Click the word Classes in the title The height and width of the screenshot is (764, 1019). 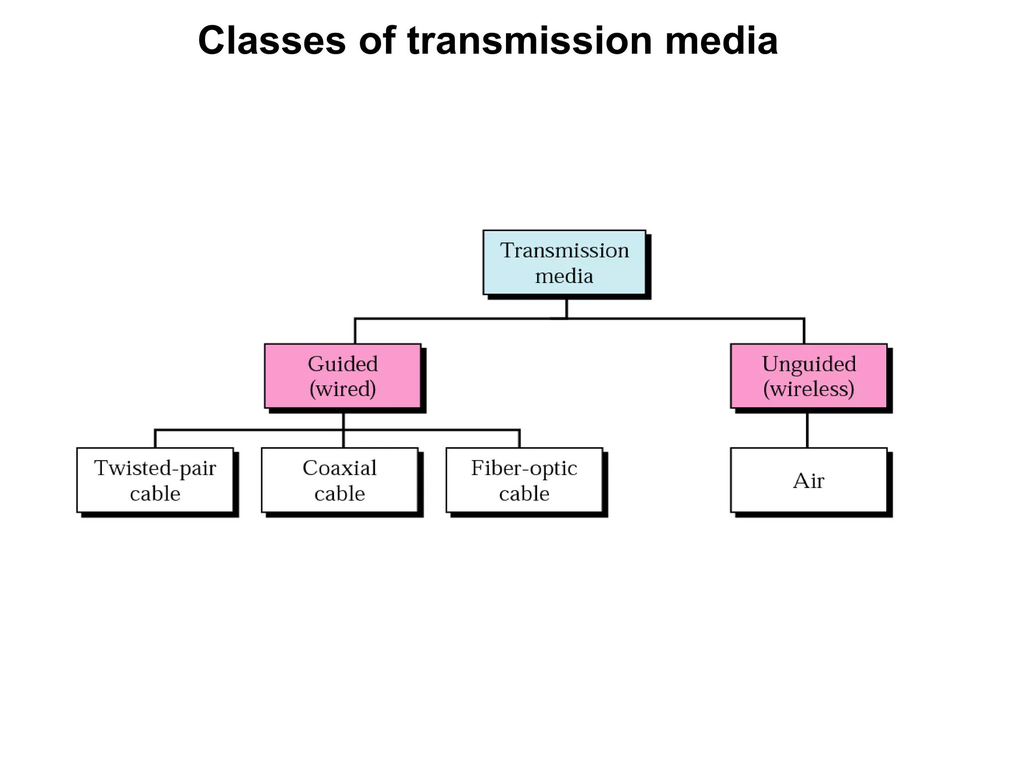pyautogui.click(x=271, y=41)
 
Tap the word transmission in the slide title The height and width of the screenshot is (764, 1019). pyautogui.click(x=529, y=41)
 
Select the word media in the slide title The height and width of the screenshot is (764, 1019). pyautogui.click(x=721, y=41)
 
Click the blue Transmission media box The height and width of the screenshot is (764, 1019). pyautogui.click(x=564, y=263)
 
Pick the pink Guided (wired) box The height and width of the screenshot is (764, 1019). pyautogui.click(x=342, y=376)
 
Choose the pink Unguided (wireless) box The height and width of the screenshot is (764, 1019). pyautogui.click(x=808, y=376)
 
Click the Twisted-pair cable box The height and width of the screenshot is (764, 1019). pyautogui.click(x=155, y=480)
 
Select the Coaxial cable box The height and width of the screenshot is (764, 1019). pyautogui.click(x=339, y=480)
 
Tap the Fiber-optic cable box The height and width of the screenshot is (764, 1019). pyautogui.click(x=524, y=480)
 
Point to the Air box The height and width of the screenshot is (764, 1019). pyautogui.click(x=808, y=480)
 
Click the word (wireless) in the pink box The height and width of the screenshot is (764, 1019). pyautogui.click(x=809, y=389)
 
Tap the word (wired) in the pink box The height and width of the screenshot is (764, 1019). pyautogui.click(x=342, y=389)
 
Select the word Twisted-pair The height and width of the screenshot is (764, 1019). pyautogui.click(x=155, y=468)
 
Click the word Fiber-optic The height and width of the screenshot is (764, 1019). pyautogui.click(x=524, y=468)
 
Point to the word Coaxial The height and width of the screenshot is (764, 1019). pyautogui.click(x=339, y=468)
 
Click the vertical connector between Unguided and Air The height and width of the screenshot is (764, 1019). pyautogui.click(x=807, y=430)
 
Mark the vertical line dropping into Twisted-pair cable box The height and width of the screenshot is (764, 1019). pyautogui.click(x=155, y=439)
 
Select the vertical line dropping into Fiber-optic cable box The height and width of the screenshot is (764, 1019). pyautogui.click(x=519, y=439)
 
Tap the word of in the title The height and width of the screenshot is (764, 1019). pyautogui.click(x=377, y=41)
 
